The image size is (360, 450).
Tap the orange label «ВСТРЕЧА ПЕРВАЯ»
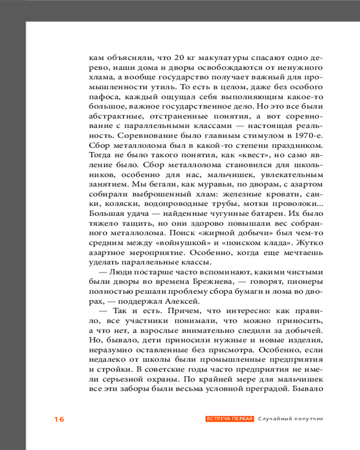(x=230, y=419)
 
